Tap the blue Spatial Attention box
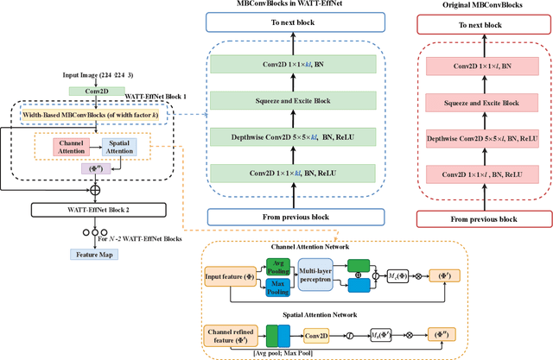[x=118, y=148]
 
